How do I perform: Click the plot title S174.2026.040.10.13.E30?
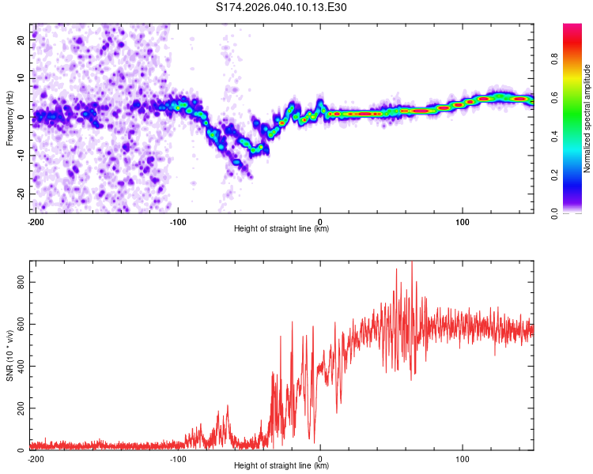point(281,7)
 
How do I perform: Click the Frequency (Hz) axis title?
point(9,118)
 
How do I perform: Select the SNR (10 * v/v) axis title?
point(9,355)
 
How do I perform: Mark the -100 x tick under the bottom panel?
point(178,457)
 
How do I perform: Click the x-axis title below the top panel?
point(281,229)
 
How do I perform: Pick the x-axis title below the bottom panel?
point(281,466)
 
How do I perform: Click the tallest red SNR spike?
point(411,265)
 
